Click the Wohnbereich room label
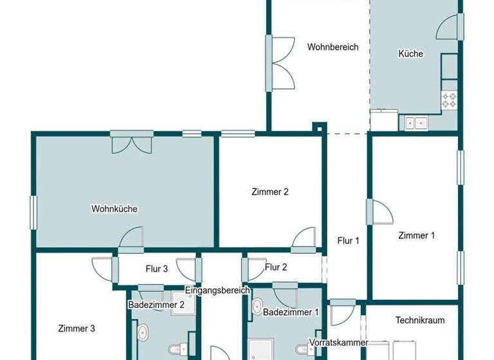333,47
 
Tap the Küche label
410,54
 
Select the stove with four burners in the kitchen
449,100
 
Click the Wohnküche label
114,209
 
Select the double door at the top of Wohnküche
132,141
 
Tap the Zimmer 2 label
270,192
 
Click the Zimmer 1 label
416,235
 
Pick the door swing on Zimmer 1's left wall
380,212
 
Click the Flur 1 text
348,241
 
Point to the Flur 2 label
276,267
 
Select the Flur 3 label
156,269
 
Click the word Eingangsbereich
217,291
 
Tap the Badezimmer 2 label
156,305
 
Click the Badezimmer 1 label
291,312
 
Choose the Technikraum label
419,320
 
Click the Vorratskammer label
338,342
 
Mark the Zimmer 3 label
77,328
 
